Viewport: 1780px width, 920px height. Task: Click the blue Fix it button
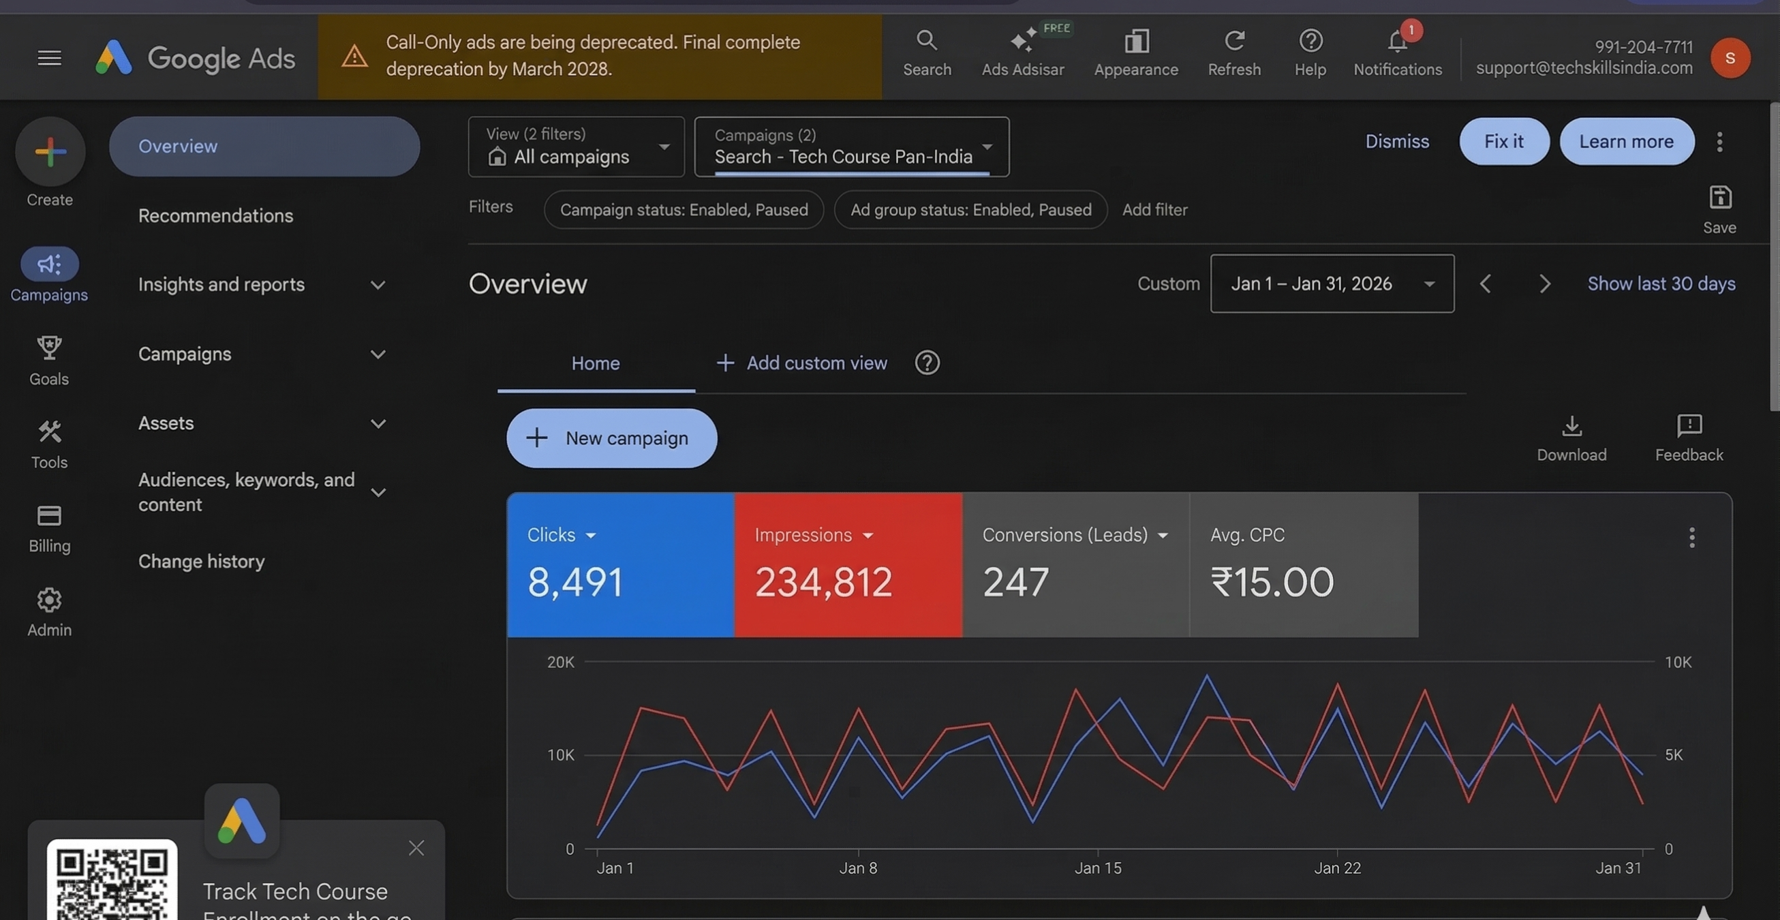[x=1503, y=141]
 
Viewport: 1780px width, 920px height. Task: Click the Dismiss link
[x=1396, y=141]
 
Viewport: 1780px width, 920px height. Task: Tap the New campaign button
[x=611, y=438]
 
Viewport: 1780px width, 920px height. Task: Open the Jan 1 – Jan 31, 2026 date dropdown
[x=1332, y=283]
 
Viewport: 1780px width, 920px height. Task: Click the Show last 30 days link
[x=1661, y=283]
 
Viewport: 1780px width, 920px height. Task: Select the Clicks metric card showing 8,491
[x=620, y=564]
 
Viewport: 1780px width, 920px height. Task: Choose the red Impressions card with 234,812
[x=848, y=564]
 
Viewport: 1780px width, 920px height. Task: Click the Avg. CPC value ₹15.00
[x=1272, y=582]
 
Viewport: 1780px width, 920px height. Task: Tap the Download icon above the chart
[x=1571, y=427]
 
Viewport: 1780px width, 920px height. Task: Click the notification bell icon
[x=1396, y=43]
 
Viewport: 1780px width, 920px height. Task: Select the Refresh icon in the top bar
[x=1234, y=42]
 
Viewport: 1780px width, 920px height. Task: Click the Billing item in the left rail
[x=49, y=528]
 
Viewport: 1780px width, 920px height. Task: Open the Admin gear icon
[x=49, y=600]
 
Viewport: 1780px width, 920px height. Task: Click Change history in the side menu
[x=201, y=562]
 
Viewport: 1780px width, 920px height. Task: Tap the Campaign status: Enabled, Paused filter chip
[x=684, y=209]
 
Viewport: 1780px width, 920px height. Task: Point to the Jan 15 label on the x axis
[x=1098, y=868]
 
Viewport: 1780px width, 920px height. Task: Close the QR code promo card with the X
[x=416, y=848]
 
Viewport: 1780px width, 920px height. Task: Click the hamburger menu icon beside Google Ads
[x=49, y=58]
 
